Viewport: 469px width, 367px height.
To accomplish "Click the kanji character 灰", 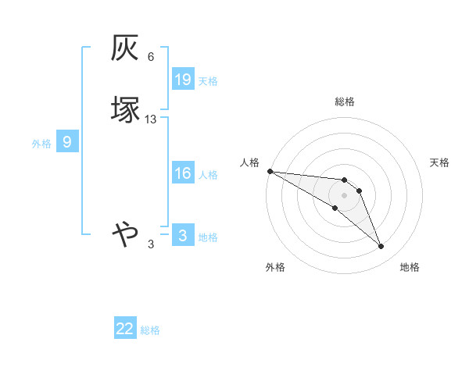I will [x=126, y=50].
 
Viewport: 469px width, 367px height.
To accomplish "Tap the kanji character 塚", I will [x=126, y=109].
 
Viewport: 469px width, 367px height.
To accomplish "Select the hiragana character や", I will [x=126, y=233].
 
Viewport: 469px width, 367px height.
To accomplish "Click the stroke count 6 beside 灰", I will [x=151, y=57].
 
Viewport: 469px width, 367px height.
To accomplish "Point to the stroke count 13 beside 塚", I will [x=151, y=119].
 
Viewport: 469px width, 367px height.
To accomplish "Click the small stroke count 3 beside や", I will [x=151, y=244].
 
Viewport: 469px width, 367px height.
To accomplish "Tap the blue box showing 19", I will [x=182, y=80].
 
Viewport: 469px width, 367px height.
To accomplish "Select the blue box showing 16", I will [x=182, y=173].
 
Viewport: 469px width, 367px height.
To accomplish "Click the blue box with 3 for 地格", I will [x=182, y=236].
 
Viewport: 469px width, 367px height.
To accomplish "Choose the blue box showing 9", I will [x=67, y=142].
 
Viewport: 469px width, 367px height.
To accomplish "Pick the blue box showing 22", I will [x=125, y=329].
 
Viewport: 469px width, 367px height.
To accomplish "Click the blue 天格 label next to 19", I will [x=208, y=80].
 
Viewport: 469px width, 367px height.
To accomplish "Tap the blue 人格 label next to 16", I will [x=208, y=175].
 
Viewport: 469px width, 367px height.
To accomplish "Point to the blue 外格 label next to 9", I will [x=41, y=144].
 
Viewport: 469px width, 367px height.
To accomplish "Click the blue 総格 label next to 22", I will [x=150, y=330].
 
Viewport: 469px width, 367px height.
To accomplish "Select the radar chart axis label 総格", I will [x=345, y=102].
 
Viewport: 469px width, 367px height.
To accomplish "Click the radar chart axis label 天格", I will [x=439, y=162].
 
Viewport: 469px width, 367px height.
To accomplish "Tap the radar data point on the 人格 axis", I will [x=270, y=171].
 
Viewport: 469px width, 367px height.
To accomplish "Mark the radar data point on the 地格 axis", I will [x=381, y=247].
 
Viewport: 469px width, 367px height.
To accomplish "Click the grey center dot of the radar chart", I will [x=345, y=194].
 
